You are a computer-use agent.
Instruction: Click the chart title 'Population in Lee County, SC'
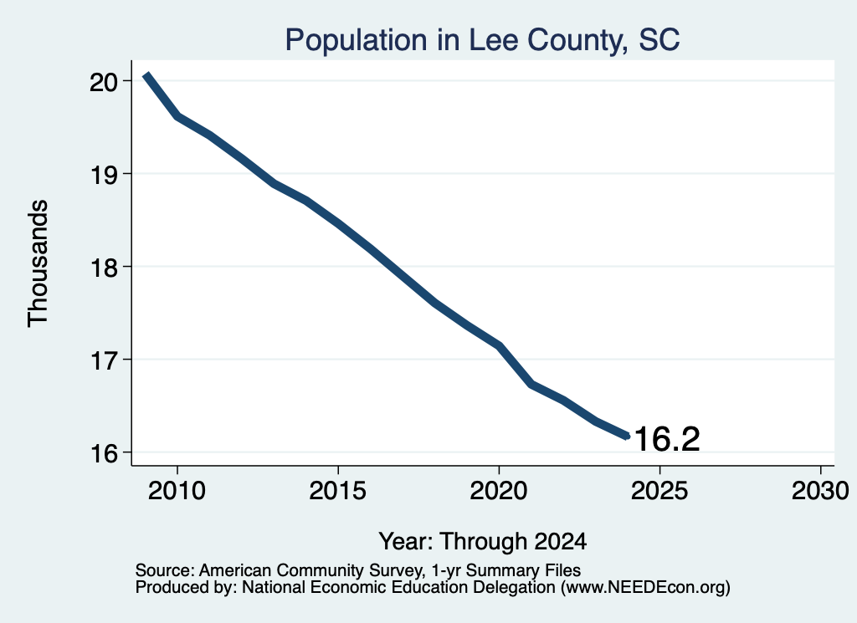click(x=482, y=40)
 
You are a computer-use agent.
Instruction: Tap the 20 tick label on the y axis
click(x=103, y=82)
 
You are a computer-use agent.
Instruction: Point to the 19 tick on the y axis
click(x=103, y=175)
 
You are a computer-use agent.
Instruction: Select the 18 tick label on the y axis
click(x=103, y=268)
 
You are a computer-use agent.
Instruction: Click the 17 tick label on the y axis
click(x=103, y=360)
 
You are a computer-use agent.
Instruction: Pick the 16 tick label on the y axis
click(x=103, y=453)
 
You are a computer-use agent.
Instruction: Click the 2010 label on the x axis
click(x=177, y=491)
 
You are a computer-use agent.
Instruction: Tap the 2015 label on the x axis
click(x=338, y=491)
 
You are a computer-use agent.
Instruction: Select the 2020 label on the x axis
click(x=499, y=491)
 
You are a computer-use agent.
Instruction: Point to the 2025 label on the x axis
click(x=659, y=491)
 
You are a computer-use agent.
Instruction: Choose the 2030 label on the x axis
click(x=820, y=491)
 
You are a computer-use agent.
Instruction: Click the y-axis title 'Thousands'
click(x=38, y=263)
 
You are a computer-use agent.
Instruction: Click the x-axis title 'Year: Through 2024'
click(x=483, y=541)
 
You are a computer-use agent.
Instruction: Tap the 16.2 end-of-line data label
click(x=667, y=439)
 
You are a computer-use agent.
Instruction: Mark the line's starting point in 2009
click(x=146, y=75)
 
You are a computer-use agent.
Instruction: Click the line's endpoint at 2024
click(x=628, y=436)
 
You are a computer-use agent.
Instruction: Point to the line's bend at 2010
click(x=177, y=115)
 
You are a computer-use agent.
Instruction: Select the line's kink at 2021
click(x=531, y=385)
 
